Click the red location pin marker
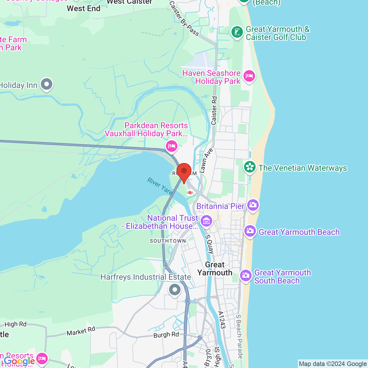point(184,171)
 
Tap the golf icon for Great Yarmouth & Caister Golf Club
point(237,32)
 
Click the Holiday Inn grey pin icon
point(46,84)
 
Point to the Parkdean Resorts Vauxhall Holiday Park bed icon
point(172,146)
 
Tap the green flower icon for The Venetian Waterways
point(250,167)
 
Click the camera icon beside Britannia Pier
point(253,205)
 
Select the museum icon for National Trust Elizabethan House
point(206,221)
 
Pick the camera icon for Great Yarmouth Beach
point(250,231)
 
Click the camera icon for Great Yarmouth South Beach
point(246,276)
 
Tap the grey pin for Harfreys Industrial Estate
point(175,290)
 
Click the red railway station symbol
point(190,193)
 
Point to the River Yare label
point(160,186)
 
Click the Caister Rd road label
point(214,111)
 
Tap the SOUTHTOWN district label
point(168,241)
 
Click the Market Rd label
point(81,331)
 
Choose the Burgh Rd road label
point(166,335)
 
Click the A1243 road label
point(222,320)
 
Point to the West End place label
point(84,9)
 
